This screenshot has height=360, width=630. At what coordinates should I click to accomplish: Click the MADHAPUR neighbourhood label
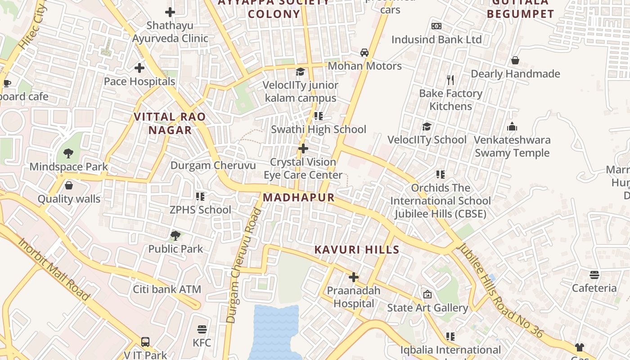point(299,198)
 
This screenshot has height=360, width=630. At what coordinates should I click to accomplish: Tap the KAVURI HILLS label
point(357,250)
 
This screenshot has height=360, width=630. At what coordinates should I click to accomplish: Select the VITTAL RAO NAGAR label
point(170,123)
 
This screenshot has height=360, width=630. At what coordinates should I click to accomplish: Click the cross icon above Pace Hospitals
point(139,68)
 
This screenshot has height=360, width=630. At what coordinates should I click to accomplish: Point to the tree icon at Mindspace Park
point(68,153)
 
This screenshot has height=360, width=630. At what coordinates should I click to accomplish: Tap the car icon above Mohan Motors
point(364,52)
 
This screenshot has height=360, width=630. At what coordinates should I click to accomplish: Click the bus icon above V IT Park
point(145,342)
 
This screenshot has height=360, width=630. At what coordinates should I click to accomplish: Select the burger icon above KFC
point(202,329)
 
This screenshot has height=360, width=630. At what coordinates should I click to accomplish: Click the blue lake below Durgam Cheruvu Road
point(274,333)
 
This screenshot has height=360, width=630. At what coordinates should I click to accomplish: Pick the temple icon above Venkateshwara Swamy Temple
point(512,126)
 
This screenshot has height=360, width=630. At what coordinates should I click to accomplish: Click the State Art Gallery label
point(427,308)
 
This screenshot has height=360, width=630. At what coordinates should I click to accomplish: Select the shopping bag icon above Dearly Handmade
point(515,60)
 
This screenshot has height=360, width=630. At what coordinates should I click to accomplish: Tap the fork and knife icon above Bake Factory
point(450,80)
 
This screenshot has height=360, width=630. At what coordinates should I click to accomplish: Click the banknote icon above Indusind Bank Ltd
point(436,26)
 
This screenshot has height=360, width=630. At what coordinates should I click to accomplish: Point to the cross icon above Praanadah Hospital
point(354,277)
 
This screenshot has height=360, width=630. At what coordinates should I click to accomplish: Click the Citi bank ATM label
point(167,289)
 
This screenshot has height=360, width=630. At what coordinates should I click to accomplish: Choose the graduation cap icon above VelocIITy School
point(427,126)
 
